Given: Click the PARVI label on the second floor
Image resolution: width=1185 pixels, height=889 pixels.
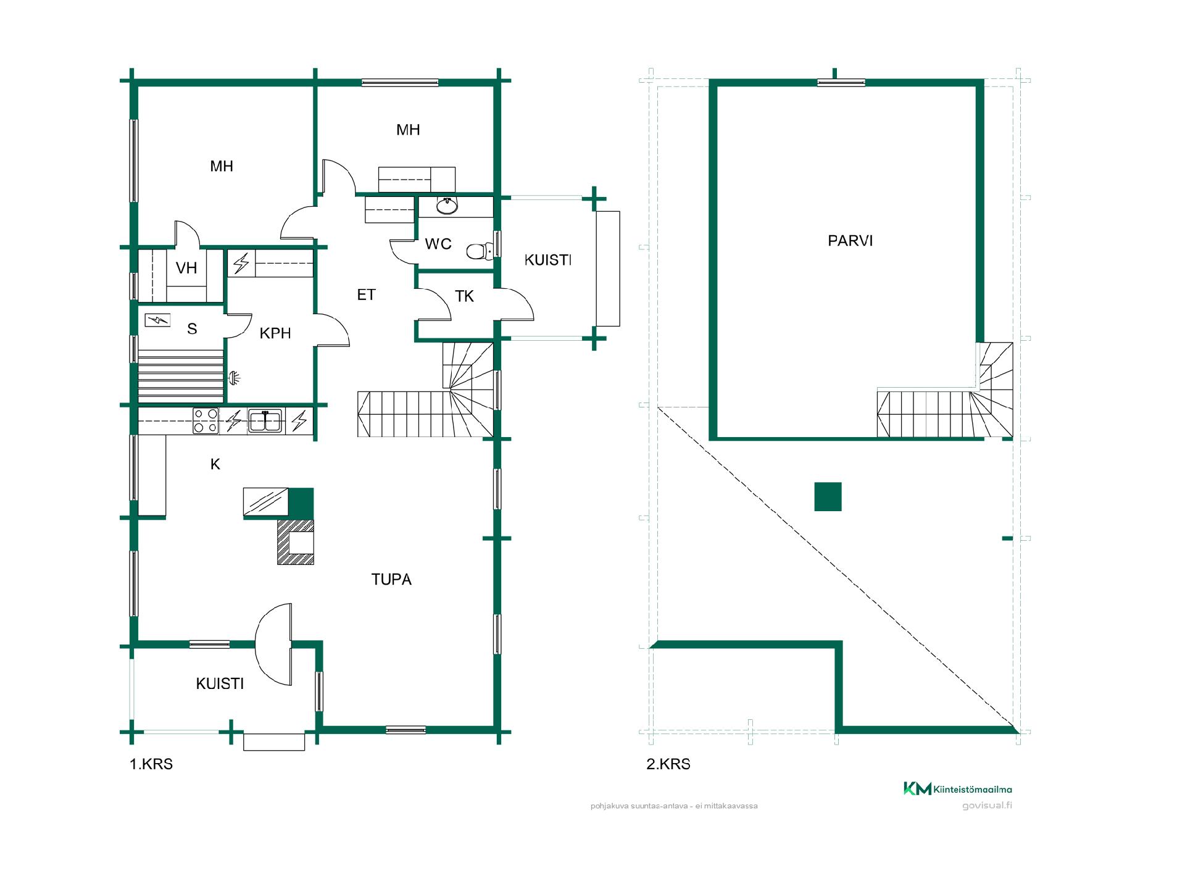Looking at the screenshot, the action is (x=850, y=241).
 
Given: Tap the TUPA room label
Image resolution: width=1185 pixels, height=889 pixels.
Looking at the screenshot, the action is (x=391, y=579).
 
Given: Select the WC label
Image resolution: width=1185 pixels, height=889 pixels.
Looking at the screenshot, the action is (x=438, y=244).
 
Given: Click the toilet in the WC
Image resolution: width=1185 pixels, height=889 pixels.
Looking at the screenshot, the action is (x=479, y=251).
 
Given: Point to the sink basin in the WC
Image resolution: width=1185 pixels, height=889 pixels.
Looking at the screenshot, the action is (x=447, y=206).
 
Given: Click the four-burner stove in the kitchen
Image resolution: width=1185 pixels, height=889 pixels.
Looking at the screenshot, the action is (x=206, y=421).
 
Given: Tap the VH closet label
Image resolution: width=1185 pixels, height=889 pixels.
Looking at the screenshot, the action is (x=186, y=268).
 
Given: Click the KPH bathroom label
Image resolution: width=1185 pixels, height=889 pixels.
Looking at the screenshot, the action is (x=275, y=333).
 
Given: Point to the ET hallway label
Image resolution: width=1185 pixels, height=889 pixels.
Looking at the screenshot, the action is (x=367, y=295).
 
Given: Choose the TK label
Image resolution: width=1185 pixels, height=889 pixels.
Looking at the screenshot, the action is (x=464, y=296).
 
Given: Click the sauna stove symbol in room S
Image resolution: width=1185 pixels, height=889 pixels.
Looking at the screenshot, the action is (x=157, y=320).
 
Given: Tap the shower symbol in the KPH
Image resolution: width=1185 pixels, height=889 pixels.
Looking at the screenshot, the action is (x=235, y=378).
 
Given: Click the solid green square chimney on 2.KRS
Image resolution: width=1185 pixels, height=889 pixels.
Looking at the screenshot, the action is (x=828, y=496).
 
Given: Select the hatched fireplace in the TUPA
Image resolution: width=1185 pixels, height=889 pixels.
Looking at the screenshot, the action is (x=296, y=542).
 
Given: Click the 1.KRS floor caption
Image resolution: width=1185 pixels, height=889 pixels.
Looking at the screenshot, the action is (x=151, y=764).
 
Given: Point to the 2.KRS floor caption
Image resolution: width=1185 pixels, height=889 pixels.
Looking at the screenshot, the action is (x=668, y=764).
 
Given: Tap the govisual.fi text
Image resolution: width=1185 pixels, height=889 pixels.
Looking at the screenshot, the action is (x=987, y=806).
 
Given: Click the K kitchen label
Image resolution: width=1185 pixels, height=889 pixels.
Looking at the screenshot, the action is (x=215, y=464).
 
